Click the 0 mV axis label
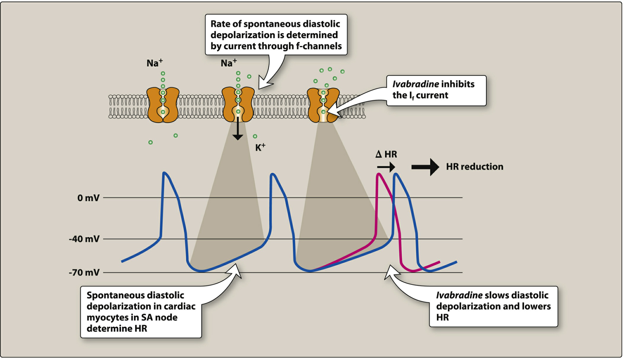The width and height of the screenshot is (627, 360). (x=88, y=198)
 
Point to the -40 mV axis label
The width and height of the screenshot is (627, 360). (x=84, y=239)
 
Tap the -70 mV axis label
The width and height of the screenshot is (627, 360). (x=84, y=273)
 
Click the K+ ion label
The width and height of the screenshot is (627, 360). (x=260, y=147)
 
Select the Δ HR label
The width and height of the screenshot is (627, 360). (x=386, y=154)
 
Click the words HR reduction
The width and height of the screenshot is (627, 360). (x=474, y=167)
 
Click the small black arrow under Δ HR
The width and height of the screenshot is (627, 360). (x=386, y=167)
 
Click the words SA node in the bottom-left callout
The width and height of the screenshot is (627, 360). (x=159, y=317)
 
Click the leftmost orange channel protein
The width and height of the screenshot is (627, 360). (x=163, y=105)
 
